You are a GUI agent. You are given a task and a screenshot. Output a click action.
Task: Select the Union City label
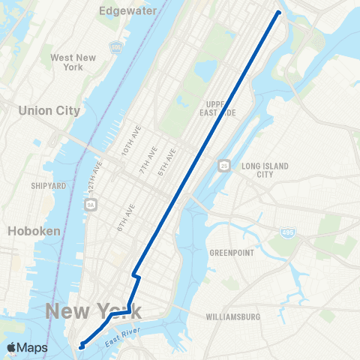[49, 110]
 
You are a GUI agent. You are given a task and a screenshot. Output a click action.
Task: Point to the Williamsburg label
[232, 317]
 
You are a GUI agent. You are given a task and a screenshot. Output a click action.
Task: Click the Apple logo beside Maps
[11, 348]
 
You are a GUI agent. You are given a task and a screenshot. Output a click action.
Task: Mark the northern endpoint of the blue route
[279, 12]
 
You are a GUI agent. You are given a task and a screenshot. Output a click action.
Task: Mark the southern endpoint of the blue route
[80, 346]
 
